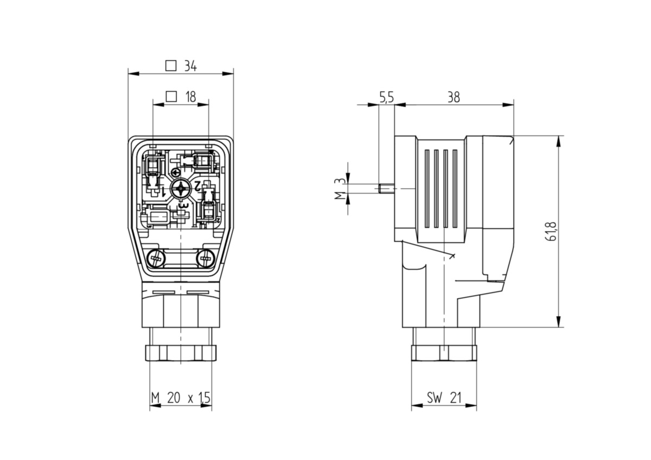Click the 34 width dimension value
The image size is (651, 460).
pyautogui.click(x=189, y=66)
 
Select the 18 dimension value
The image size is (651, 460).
pyautogui.click(x=190, y=97)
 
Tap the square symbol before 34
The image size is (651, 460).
pyautogui.click(x=171, y=66)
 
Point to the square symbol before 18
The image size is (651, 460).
pyautogui.click(x=171, y=97)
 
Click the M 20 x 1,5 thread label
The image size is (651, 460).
pyautogui.click(x=180, y=399)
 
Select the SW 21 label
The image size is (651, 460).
pyautogui.click(x=443, y=399)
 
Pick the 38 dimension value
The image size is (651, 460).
pyautogui.click(x=454, y=98)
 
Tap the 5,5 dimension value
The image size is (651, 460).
pyautogui.click(x=386, y=98)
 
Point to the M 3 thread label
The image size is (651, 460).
pyautogui.click(x=337, y=189)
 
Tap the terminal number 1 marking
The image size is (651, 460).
pyautogui.click(x=163, y=191)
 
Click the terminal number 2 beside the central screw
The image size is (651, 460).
pyautogui.click(x=198, y=186)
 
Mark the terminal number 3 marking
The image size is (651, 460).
pyautogui.click(x=183, y=206)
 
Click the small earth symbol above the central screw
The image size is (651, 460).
pyautogui.click(x=175, y=173)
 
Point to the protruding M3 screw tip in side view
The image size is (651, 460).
pyautogui.click(x=385, y=189)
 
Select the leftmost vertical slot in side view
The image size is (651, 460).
pyautogui.click(x=426, y=188)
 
